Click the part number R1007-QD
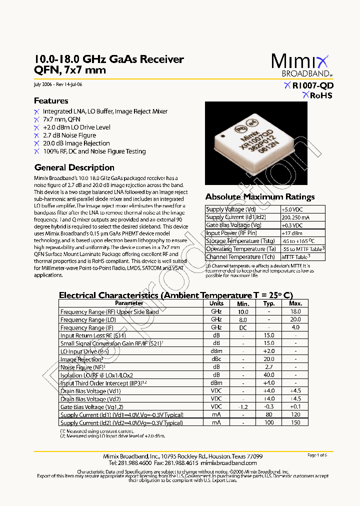[x=312, y=85]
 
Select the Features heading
[x=51, y=100]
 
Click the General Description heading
[x=74, y=167]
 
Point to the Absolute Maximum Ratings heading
[x=260, y=196]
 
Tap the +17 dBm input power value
[x=291, y=233]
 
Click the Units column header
[x=216, y=303]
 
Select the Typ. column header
[x=269, y=303]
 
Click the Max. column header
[x=295, y=303]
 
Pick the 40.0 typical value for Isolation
[x=269, y=375]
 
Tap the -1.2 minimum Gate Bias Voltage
[x=242, y=407]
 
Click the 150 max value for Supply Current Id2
[x=295, y=423]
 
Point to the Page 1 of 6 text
[x=317, y=455]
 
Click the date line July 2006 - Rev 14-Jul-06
[x=58, y=84]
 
